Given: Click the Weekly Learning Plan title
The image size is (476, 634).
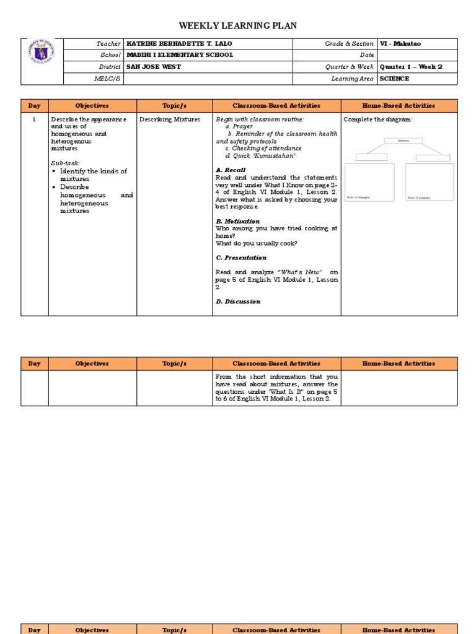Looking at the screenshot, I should (238, 26).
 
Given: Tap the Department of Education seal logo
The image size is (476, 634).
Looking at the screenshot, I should (41, 55).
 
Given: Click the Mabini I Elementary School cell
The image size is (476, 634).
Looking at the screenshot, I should (180, 55).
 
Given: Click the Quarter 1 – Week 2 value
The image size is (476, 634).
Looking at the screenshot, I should (411, 67).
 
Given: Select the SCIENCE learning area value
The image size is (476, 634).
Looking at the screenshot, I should (395, 79).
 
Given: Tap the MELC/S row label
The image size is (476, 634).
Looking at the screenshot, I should (109, 79).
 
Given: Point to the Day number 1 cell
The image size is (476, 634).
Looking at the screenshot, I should (35, 119).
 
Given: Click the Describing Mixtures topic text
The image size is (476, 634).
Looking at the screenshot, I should (165, 119).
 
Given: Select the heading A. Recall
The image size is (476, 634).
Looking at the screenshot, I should (231, 170).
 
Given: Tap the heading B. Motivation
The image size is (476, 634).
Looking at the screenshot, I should (237, 221).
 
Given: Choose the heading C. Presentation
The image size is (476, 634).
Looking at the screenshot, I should (241, 258).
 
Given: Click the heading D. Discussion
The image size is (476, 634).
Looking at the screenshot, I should (238, 302).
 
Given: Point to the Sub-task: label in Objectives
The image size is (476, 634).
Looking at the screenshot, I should (65, 163).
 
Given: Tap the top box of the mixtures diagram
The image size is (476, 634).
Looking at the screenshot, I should (403, 141).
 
